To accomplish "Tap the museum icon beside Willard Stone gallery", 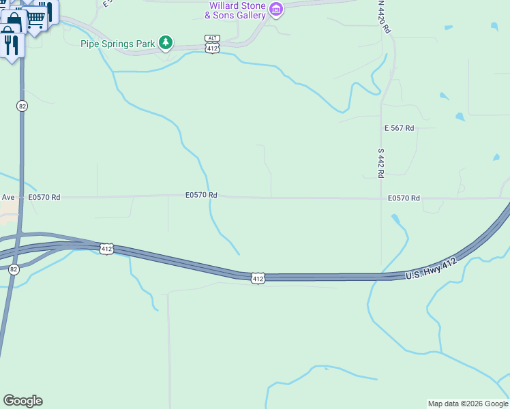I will [x=276, y=9].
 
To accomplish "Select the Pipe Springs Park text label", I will [x=117, y=44].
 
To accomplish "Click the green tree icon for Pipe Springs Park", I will [x=165, y=43].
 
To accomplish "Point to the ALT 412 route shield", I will [x=212, y=44].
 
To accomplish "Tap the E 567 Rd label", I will [x=399, y=128].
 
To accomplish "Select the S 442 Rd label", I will [x=380, y=164].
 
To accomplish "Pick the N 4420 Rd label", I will [x=385, y=17].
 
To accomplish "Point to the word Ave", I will [x=8, y=197].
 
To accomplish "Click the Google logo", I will [x=22, y=401].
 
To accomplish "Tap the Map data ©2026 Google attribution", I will [x=468, y=404].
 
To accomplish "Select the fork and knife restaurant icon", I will [x=11, y=44].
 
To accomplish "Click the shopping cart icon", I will [x=36, y=18].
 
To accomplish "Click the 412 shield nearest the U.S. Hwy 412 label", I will [x=256, y=278].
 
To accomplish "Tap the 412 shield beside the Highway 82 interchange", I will [x=106, y=249].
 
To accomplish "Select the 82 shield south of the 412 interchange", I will [x=15, y=269].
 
